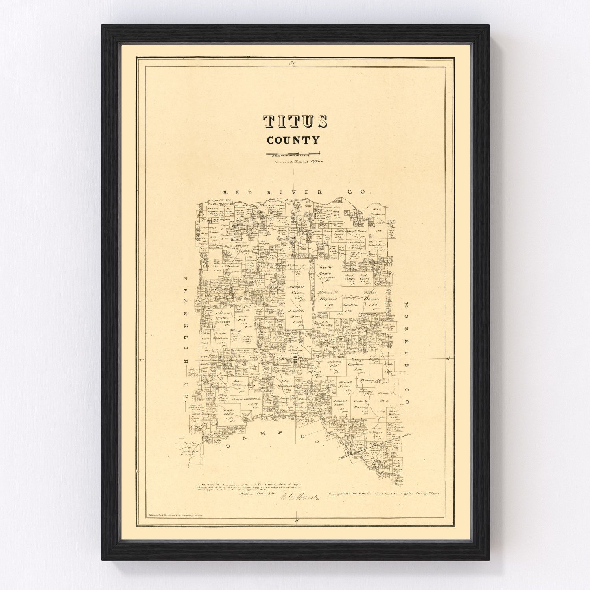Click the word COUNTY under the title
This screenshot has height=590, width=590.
293,140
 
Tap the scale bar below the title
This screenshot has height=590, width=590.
293,153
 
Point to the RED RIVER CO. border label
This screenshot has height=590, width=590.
297,192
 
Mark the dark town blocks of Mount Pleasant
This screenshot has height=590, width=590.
295,359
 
